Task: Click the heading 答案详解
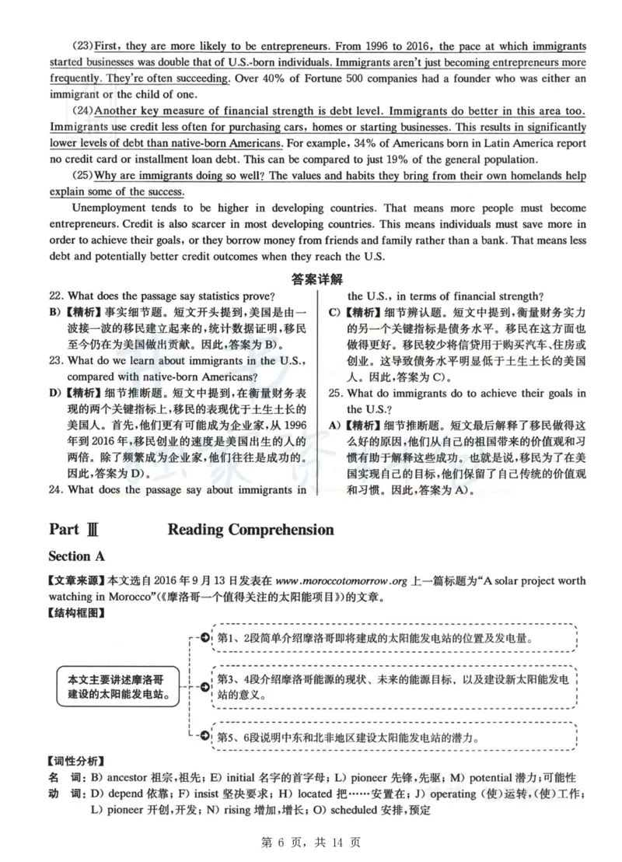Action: (316, 279)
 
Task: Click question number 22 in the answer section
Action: (54, 296)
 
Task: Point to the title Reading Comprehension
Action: (250, 530)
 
